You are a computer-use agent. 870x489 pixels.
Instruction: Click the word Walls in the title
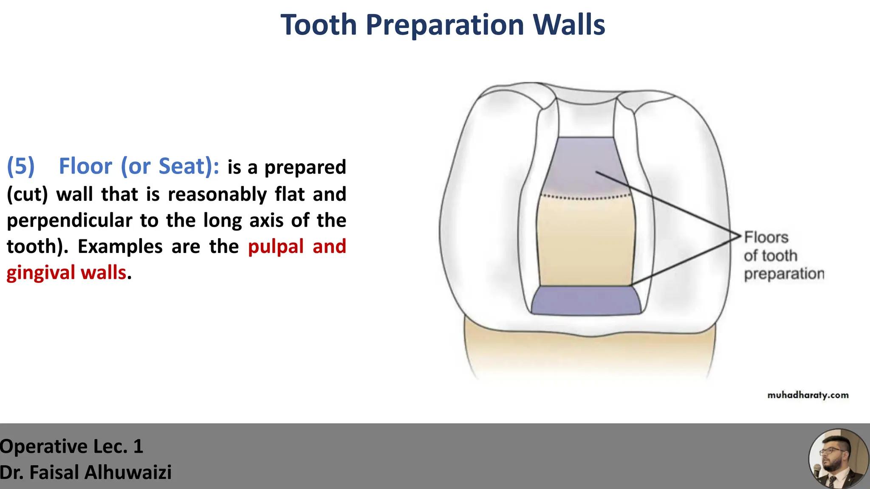pyautogui.click(x=569, y=25)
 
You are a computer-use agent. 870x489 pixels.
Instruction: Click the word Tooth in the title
pyautogui.click(x=319, y=25)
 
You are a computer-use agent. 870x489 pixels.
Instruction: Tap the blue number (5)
pyautogui.click(x=20, y=166)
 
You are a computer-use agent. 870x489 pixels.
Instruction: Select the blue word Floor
pyautogui.click(x=85, y=166)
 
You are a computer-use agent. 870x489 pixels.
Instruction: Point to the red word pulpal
pyautogui.click(x=276, y=246)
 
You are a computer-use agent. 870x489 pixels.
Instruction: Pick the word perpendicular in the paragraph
pyautogui.click(x=70, y=221)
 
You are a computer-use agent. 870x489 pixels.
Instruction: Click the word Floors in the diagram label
pyautogui.click(x=766, y=237)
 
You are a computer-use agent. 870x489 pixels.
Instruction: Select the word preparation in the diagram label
pyautogui.click(x=784, y=274)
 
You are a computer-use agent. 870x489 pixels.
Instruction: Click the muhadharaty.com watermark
pyautogui.click(x=808, y=395)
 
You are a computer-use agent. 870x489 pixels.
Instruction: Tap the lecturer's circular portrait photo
pyautogui.click(x=838, y=459)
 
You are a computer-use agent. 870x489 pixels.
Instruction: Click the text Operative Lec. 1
pyautogui.click(x=71, y=447)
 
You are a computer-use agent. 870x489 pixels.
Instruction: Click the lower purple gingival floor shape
pyautogui.click(x=586, y=301)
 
